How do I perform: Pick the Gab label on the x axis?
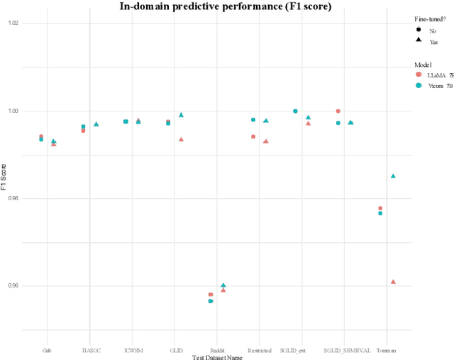(47, 350)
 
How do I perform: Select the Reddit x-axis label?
(217, 350)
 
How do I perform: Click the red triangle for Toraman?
(393, 282)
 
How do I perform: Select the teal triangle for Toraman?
(393, 175)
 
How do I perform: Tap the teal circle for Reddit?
(211, 301)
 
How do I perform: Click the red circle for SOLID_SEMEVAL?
(338, 111)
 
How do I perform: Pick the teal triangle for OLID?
(181, 114)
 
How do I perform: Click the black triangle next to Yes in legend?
(419, 41)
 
